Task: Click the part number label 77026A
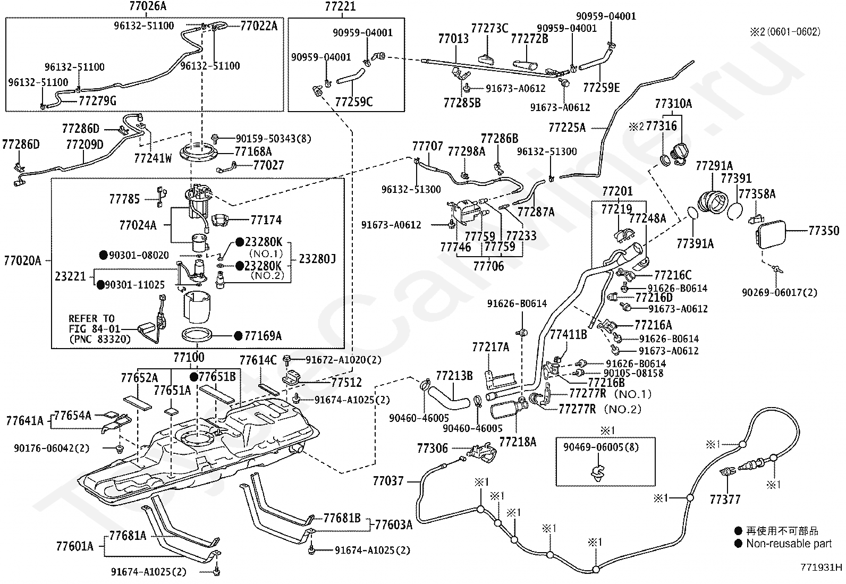pos(148,6)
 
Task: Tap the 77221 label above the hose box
pos(340,6)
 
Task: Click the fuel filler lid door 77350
pos(771,234)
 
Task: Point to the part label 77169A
pos(263,335)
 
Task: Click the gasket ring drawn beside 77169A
pos(197,335)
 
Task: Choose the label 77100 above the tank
pos(189,357)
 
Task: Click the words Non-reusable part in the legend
pos(789,544)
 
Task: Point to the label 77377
pos(725,500)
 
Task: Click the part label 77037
pos(388,481)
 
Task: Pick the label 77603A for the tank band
pos(394,524)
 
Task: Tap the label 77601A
pos(75,546)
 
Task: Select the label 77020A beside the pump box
pos(22,260)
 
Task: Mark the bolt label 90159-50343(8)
pos(274,139)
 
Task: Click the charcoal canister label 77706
pos(488,266)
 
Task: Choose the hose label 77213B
pos(454,376)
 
